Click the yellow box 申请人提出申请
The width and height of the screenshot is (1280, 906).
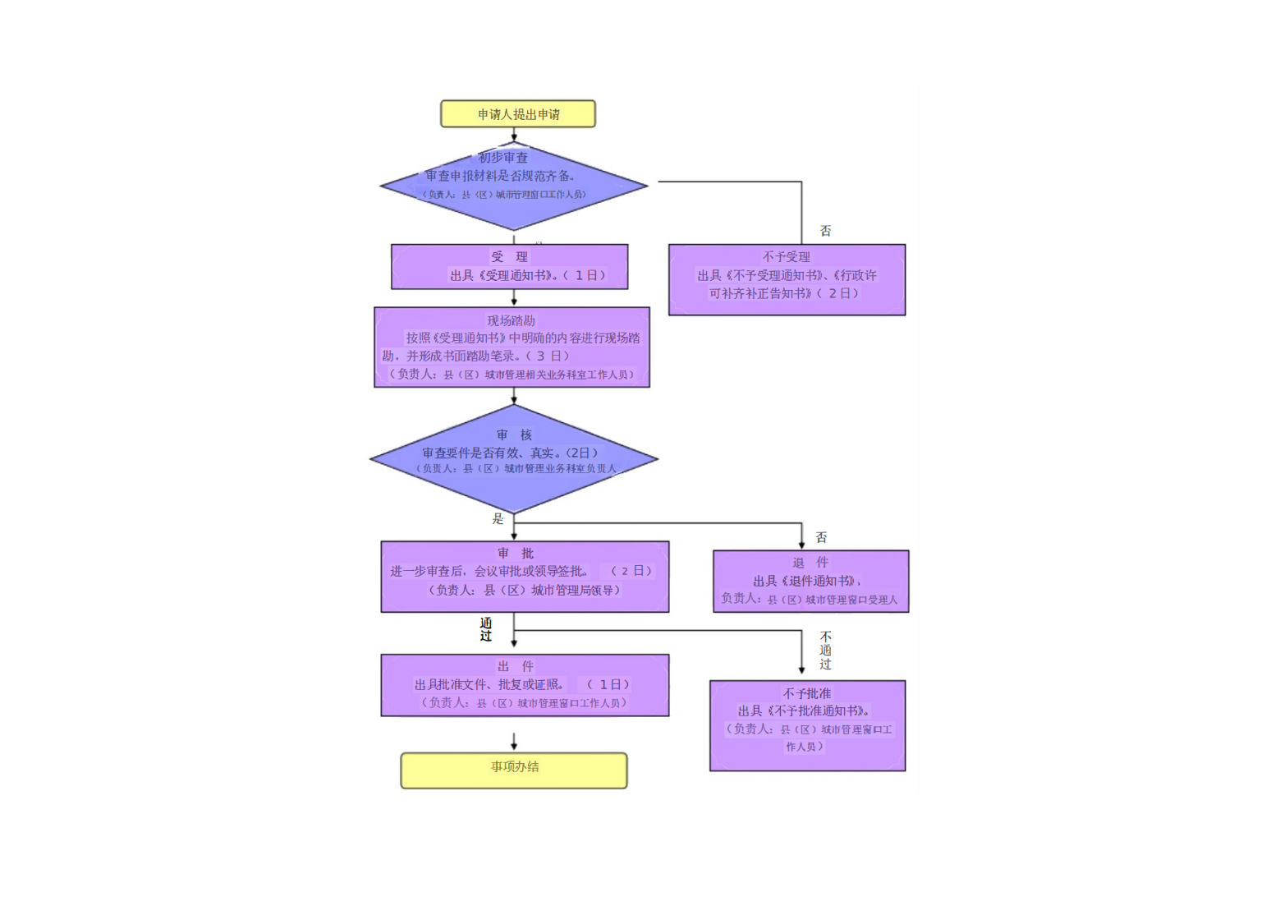tap(518, 114)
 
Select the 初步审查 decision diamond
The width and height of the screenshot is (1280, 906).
tap(514, 186)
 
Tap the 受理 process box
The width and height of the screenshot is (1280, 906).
tap(510, 267)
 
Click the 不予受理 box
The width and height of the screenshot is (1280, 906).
tap(787, 279)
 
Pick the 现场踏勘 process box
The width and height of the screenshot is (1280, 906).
tap(512, 347)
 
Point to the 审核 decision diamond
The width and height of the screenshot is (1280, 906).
tap(514, 458)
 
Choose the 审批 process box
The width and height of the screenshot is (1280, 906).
tap(525, 577)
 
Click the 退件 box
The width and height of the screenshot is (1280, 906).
tap(810, 581)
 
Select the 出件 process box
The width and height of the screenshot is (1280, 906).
tap(525, 685)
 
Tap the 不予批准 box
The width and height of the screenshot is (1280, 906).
tap(807, 725)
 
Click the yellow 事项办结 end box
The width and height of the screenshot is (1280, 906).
tap(514, 770)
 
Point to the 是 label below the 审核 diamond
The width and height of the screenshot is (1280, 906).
tap(498, 519)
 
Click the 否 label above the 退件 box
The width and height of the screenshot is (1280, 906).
tap(821, 537)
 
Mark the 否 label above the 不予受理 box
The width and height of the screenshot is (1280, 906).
tap(826, 231)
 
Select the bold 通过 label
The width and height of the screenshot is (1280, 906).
tap(486, 629)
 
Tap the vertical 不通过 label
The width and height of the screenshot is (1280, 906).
tap(825, 651)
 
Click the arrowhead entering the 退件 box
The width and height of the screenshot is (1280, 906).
tap(801, 545)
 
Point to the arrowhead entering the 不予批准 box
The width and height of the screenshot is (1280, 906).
tap(801, 670)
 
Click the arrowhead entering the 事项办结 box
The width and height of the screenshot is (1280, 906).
tap(514, 746)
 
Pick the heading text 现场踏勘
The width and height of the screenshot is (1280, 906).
tap(511, 320)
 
